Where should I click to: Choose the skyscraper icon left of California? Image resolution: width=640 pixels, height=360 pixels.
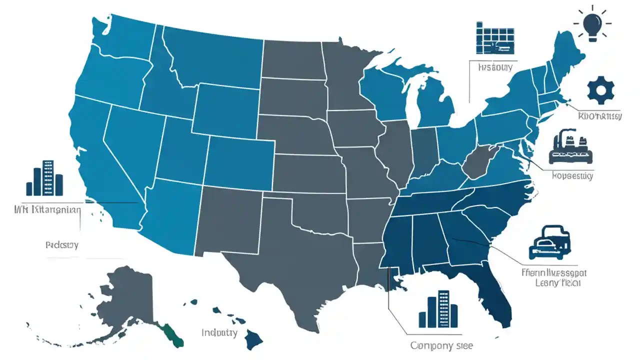pos(44,178)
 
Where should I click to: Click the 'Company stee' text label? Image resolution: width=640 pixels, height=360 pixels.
pos(441,345)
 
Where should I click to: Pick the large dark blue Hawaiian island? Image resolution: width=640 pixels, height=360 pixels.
pos(254,341)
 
